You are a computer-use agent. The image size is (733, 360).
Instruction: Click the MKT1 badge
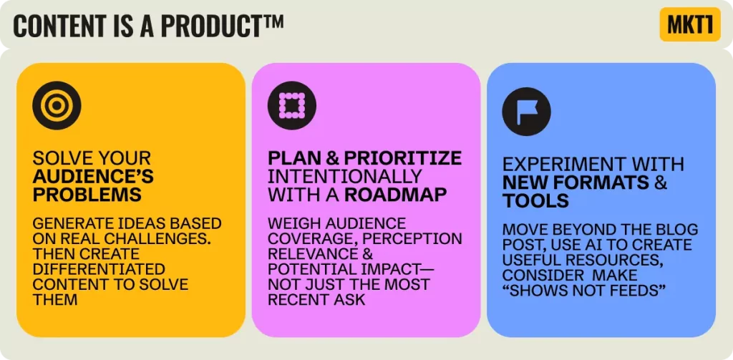pos(690,24)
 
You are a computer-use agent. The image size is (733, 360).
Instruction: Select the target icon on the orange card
pos(57,105)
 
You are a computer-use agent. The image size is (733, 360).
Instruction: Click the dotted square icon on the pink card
pos(292,105)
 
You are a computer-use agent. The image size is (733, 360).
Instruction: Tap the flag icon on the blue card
pos(526,112)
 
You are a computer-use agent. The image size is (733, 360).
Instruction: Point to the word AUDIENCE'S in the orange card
pos(93,176)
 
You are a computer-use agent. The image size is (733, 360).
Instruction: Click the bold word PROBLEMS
pos(87,195)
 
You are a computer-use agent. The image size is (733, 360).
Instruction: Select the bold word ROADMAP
pos(395,195)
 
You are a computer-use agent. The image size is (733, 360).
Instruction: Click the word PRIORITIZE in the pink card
pos(403,158)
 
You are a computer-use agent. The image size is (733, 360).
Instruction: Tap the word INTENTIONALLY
pos(345,176)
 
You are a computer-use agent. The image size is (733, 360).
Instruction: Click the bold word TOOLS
pos(535,200)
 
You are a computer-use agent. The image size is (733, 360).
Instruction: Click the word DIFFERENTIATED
pos(99,269)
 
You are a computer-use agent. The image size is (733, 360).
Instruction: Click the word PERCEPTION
pos(412,238)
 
